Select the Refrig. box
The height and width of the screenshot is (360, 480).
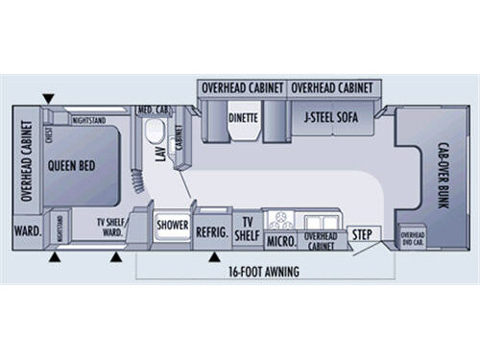pyautogui.click(x=210, y=230)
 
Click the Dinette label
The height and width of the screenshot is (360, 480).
pyautogui.click(x=243, y=120)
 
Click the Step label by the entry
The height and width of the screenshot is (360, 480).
pyautogui.click(x=362, y=234)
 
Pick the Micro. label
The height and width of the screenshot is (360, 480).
pyautogui.click(x=279, y=238)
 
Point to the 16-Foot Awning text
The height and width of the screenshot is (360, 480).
pyautogui.click(x=266, y=273)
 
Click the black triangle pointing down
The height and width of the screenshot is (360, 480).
pyautogui.click(x=48, y=98)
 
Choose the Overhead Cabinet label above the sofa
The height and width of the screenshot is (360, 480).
pyautogui.click(x=330, y=87)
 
